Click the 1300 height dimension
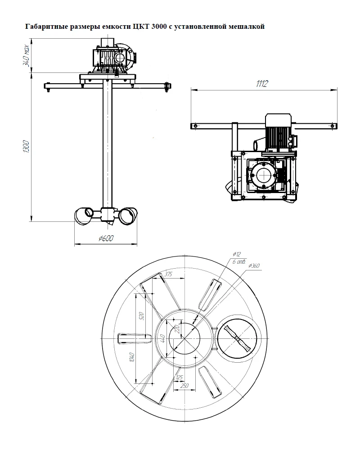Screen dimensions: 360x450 coord(26,146)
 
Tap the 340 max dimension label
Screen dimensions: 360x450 coord(26,55)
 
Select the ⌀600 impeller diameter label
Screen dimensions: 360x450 coord(106,238)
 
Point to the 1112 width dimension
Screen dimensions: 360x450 coord(262,84)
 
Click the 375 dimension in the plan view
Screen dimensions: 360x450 coord(168,274)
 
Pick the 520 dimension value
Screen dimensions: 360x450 coord(141,316)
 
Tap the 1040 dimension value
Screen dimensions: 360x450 coord(132,357)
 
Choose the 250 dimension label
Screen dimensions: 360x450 coord(184,386)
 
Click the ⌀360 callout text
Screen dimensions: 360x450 coord(253,266)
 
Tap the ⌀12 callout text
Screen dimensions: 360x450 coord(237,254)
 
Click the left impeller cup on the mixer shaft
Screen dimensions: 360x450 coord(84,216)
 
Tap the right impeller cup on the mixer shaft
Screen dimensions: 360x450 coord(128,216)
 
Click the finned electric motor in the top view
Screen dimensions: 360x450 coord(279,132)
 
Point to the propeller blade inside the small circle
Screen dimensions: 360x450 coord(238,339)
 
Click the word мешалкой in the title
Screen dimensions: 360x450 coord(247,27)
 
